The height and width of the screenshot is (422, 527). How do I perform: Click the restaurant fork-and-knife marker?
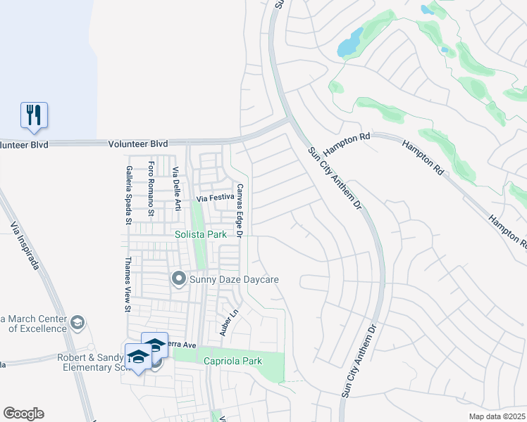pyautogui.click(x=34, y=115)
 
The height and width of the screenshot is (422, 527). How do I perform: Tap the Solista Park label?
pyautogui.click(x=200, y=234)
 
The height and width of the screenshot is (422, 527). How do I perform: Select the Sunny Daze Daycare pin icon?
pyautogui.click(x=179, y=280)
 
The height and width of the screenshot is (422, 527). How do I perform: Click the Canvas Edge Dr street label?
pyautogui.click(x=240, y=210)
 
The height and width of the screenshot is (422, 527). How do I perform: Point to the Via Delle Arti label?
pyautogui.click(x=176, y=187)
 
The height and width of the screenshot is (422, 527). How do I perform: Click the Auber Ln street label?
pyautogui.click(x=225, y=323)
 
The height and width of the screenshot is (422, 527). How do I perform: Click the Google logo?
pyautogui.click(x=23, y=414)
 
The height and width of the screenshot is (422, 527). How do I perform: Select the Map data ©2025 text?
pyautogui.click(x=496, y=416)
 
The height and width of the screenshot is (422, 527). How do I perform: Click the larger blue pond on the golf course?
pyautogui.click(x=350, y=44)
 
